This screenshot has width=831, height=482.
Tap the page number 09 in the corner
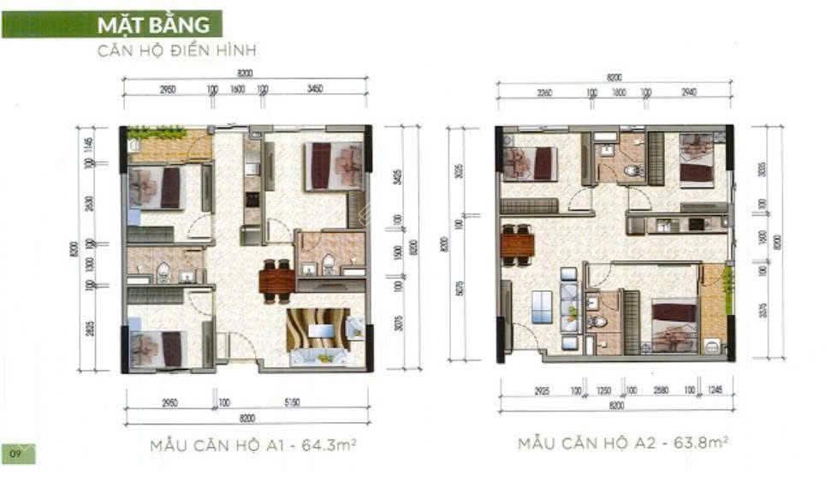click(x=15, y=451)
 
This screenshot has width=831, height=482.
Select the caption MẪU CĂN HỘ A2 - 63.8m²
click(x=622, y=443)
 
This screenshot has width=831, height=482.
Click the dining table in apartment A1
click(x=276, y=280)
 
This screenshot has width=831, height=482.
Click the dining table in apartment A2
click(x=517, y=245)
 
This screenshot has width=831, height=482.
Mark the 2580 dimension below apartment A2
click(x=660, y=390)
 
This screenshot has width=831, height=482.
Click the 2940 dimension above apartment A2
click(x=689, y=93)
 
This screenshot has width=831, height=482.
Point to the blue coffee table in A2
click(x=542, y=306)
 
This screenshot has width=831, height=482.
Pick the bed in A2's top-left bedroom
click(x=530, y=163)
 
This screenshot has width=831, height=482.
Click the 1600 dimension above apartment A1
click(x=237, y=89)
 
